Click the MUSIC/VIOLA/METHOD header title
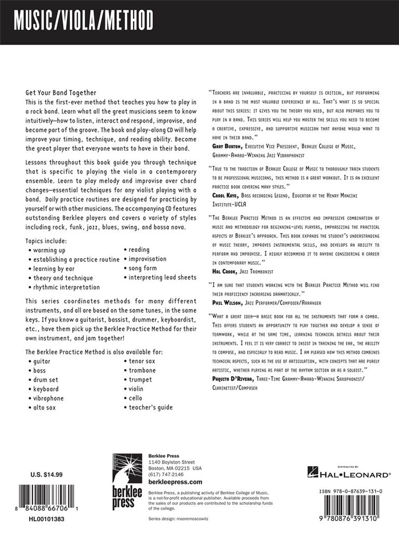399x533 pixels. (84, 22)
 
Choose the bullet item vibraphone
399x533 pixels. (48, 398)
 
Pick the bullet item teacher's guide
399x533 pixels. (151, 408)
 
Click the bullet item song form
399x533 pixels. (145, 268)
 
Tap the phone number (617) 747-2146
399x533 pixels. (166, 475)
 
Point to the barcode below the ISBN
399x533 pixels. (351, 508)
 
